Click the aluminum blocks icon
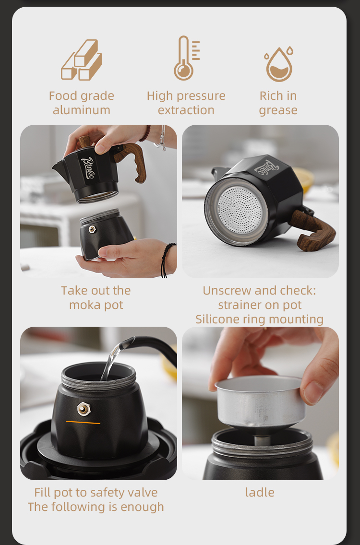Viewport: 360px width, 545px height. click(x=82, y=60)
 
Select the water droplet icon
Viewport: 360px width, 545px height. click(x=279, y=64)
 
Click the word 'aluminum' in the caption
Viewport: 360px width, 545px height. click(x=82, y=110)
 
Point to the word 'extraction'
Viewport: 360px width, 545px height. click(x=186, y=110)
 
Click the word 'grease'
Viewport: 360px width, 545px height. click(x=278, y=110)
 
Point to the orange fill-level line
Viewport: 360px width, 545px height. click(x=83, y=422)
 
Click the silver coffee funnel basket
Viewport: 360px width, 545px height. click(x=260, y=401)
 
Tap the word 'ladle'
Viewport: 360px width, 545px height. click(x=260, y=493)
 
